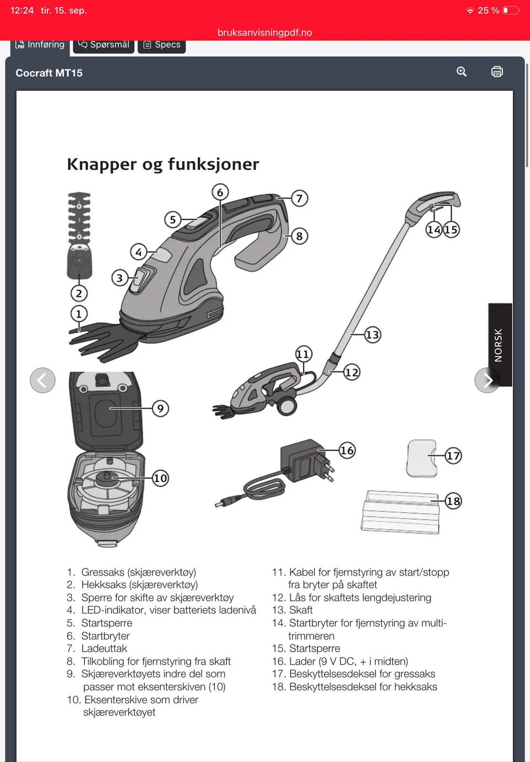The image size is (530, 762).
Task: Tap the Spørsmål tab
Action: tap(103, 45)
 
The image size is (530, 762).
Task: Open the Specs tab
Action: tap(162, 45)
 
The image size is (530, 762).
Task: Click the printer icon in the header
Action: tap(497, 72)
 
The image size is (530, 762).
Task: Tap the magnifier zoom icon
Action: tap(461, 71)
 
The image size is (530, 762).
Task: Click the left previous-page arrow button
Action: tap(43, 380)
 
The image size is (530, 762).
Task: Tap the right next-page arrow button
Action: tap(487, 380)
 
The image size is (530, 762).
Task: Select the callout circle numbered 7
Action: tap(299, 198)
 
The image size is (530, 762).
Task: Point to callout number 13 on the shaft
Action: tap(373, 335)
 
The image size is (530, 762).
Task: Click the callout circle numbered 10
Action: tap(160, 478)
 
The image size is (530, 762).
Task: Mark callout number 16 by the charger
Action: tap(347, 450)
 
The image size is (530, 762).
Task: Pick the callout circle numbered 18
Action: tap(453, 501)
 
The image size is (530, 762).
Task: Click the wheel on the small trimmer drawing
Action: tap(287, 405)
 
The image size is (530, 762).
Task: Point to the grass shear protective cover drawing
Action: tap(421, 458)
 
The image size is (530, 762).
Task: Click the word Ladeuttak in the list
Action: tap(104, 648)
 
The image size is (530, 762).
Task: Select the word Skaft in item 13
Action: tap(301, 610)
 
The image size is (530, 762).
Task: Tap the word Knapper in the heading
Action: tap(102, 164)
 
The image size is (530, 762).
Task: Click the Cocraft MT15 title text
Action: tap(49, 73)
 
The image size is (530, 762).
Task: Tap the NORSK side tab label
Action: tap(498, 345)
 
